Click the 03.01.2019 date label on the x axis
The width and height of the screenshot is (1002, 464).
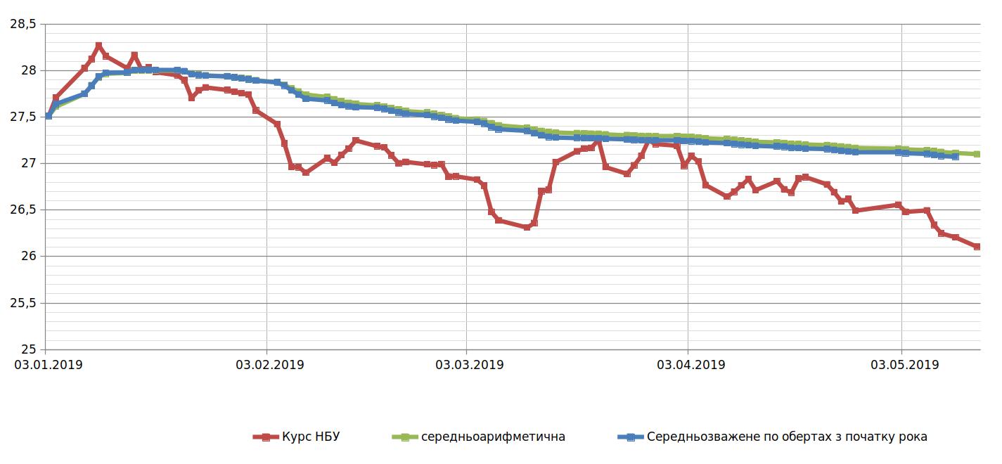click(x=47, y=365)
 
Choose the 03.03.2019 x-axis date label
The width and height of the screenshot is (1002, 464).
click(x=469, y=365)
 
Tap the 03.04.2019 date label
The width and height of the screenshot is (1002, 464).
click(x=691, y=365)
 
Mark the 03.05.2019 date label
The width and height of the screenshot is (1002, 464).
click(x=904, y=365)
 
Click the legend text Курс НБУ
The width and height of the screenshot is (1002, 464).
click(x=310, y=437)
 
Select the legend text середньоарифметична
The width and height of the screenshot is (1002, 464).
click(x=493, y=437)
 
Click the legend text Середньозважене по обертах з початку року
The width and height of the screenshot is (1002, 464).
click(x=786, y=437)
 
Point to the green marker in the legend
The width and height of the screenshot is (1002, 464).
click(x=404, y=437)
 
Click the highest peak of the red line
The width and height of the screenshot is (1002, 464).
click(x=98, y=46)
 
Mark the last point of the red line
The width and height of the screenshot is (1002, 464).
click(x=977, y=247)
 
